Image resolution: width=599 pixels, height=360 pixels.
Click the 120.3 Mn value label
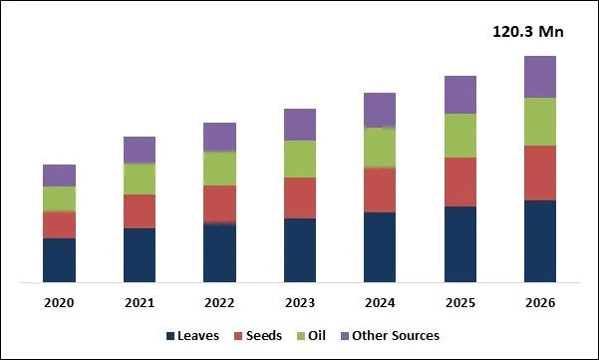[x=528, y=32]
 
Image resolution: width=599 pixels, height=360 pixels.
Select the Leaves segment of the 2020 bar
[x=60, y=259]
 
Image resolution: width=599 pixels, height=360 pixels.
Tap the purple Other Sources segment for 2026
[x=539, y=77]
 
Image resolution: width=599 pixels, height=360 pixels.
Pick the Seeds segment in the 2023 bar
[x=300, y=197]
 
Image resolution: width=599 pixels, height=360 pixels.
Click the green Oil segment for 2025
[x=459, y=136]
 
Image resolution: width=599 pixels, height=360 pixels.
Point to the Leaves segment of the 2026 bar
[x=539, y=240]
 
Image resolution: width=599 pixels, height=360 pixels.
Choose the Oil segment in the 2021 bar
[x=140, y=179]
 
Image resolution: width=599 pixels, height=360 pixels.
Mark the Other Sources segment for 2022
[x=219, y=137]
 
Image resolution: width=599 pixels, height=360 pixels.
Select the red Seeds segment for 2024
[x=380, y=189]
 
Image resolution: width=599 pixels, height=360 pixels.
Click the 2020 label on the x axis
[x=60, y=302]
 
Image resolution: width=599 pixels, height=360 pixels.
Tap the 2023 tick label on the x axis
[x=300, y=302]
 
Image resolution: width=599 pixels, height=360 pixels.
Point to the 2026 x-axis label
[x=539, y=302]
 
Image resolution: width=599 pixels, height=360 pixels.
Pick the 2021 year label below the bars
[x=140, y=302]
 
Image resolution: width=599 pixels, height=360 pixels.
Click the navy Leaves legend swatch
[x=170, y=336]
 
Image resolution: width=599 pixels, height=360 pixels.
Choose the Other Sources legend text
[x=397, y=336]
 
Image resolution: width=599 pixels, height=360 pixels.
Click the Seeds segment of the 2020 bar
[x=60, y=224]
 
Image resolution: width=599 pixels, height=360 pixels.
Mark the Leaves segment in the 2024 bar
[x=380, y=246]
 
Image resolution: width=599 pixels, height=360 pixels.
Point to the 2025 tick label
[x=459, y=302]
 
